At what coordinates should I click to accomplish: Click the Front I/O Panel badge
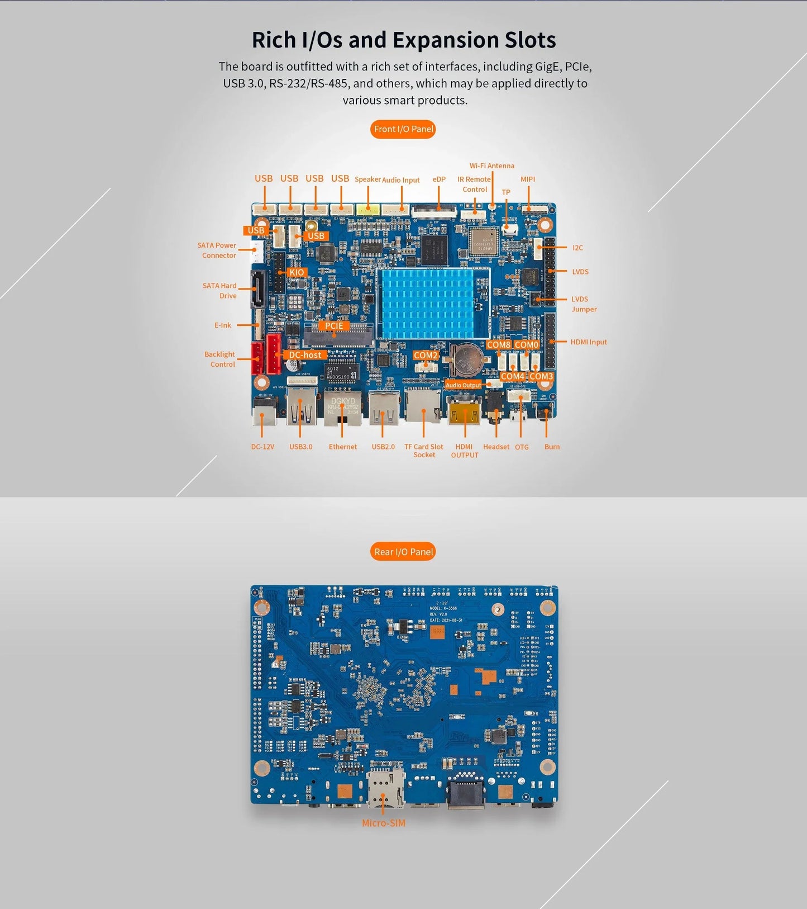[403, 129]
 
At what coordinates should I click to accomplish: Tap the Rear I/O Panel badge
[403, 552]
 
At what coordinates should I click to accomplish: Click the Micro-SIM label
[383, 823]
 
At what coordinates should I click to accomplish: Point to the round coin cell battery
[465, 361]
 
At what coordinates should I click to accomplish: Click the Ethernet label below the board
[342, 447]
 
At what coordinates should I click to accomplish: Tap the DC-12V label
[262, 447]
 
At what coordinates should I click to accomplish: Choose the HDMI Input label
[588, 342]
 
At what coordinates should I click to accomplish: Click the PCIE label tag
[334, 326]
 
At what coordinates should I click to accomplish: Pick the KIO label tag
[297, 272]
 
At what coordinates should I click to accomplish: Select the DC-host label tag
[305, 355]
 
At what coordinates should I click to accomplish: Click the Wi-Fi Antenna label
[491, 166]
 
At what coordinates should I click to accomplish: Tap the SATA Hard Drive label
[220, 291]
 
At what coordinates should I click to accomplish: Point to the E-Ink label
[222, 325]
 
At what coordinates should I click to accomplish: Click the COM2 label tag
[426, 356]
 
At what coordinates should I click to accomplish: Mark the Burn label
[552, 447]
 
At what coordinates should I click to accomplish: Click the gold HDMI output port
[465, 412]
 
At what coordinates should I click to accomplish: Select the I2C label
[577, 248]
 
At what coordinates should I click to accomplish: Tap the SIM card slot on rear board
[385, 789]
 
